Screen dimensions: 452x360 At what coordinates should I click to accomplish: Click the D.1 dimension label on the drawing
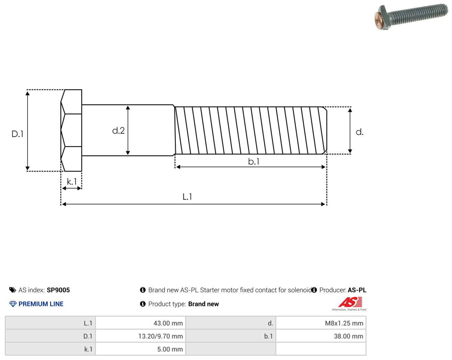(18, 134)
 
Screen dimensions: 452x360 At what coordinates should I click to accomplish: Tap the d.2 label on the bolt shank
(118, 131)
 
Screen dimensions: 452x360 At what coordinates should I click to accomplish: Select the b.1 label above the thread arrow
(254, 161)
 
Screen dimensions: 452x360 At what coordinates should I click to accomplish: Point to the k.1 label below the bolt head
(72, 182)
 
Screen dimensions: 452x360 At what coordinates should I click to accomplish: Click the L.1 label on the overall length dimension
(187, 197)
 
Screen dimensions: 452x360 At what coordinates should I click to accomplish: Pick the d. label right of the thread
(360, 132)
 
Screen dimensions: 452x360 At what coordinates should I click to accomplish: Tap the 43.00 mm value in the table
(168, 323)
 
